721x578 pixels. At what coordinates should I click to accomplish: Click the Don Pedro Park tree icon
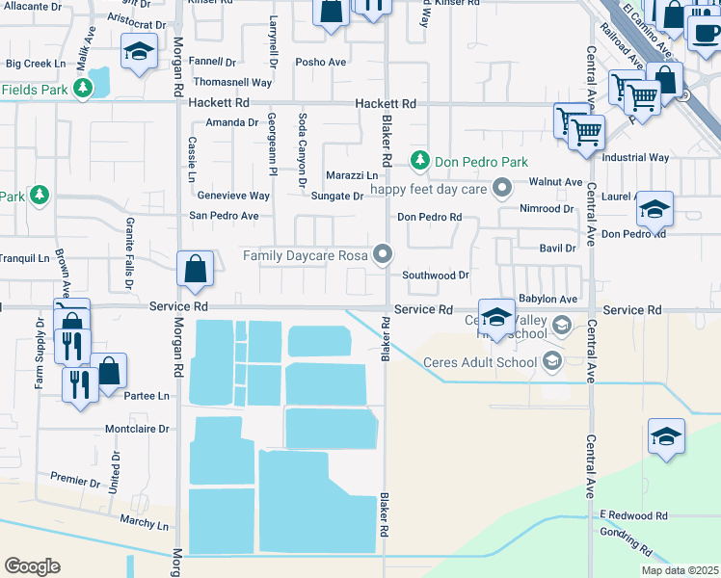point(419,160)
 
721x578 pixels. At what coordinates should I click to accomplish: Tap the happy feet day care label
point(430,188)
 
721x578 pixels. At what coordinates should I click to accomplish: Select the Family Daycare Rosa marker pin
point(384,254)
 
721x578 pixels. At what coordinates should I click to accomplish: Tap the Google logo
point(32,565)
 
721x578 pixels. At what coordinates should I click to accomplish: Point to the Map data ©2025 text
point(680,570)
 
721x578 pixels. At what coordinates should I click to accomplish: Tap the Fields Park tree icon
point(83,89)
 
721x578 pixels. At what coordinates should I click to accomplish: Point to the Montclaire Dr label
point(136,429)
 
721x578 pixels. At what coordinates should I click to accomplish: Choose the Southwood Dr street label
point(435,276)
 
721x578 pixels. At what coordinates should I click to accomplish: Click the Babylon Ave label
point(547,300)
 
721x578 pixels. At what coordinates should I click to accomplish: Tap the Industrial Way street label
point(634,157)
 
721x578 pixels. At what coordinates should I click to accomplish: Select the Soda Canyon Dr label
point(302,148)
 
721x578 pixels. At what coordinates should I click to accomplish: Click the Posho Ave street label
point(321,63)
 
